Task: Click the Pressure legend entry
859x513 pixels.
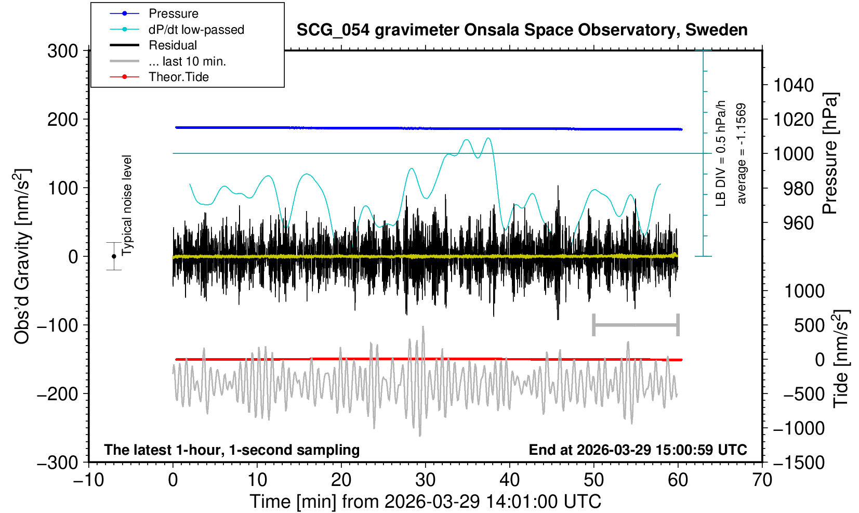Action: click(173, 14)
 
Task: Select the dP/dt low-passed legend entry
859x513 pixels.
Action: click(196, 30)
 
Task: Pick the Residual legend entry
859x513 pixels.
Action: click(173, 45)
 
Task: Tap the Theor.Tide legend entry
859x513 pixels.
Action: click(178, 77)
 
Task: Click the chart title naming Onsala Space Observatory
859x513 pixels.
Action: click(522, 30)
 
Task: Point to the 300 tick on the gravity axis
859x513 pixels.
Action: click(62, 51)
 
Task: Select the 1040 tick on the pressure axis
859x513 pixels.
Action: click(794, 85)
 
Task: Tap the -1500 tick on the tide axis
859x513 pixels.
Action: click(799, 462)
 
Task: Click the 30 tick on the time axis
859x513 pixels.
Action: click(425, 480)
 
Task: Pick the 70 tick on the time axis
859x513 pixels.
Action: click(762, 480)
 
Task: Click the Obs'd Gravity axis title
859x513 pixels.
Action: click(22, 256)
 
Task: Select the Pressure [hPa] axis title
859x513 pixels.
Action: click(830, 153)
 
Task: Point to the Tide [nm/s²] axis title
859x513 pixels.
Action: click(841, 359)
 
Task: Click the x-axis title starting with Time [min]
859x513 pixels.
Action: click(425, 502)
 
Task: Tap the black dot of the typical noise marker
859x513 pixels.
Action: click(114, 256)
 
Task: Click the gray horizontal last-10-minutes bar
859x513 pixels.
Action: click(636, 325)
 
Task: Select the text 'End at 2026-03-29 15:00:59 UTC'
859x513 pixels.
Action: click(638, 450)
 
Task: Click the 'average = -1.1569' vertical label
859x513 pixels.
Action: click(742, 153)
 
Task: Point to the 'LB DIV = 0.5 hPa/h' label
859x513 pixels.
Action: click(721, 153)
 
